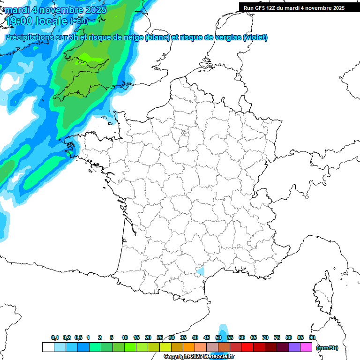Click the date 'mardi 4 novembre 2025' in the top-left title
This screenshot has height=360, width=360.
pyautogui.click(x=55, y=9)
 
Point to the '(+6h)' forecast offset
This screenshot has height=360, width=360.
pyautogui.click(x=78, y=21)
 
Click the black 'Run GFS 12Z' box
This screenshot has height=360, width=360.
pyautogui.click(x=294, y=7)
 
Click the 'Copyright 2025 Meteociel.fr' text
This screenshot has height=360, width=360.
pyautogui.click(x=199, y=357)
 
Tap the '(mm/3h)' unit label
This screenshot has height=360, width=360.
pyautogui.click(x=327, y=348)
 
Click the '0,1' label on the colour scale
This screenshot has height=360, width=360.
pyautogui.click(x=55, y=338)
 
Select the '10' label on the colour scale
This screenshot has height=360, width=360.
pyautogui.click(x=125, y=338)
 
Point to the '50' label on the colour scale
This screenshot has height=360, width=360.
pyautogui.click(x=218, y=338)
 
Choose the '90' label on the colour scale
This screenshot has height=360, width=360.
pyautogui.click(x=312, y=338)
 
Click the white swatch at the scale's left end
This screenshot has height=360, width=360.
pyautogui.click(x=48, y=347)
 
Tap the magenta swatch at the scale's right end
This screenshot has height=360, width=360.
pyautogui.click(x=307, y=347)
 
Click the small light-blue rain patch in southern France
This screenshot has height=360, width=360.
pyautogui.click(x=201, y=270)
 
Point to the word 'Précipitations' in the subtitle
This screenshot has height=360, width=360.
pyautogui.click(x=28, y=37)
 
